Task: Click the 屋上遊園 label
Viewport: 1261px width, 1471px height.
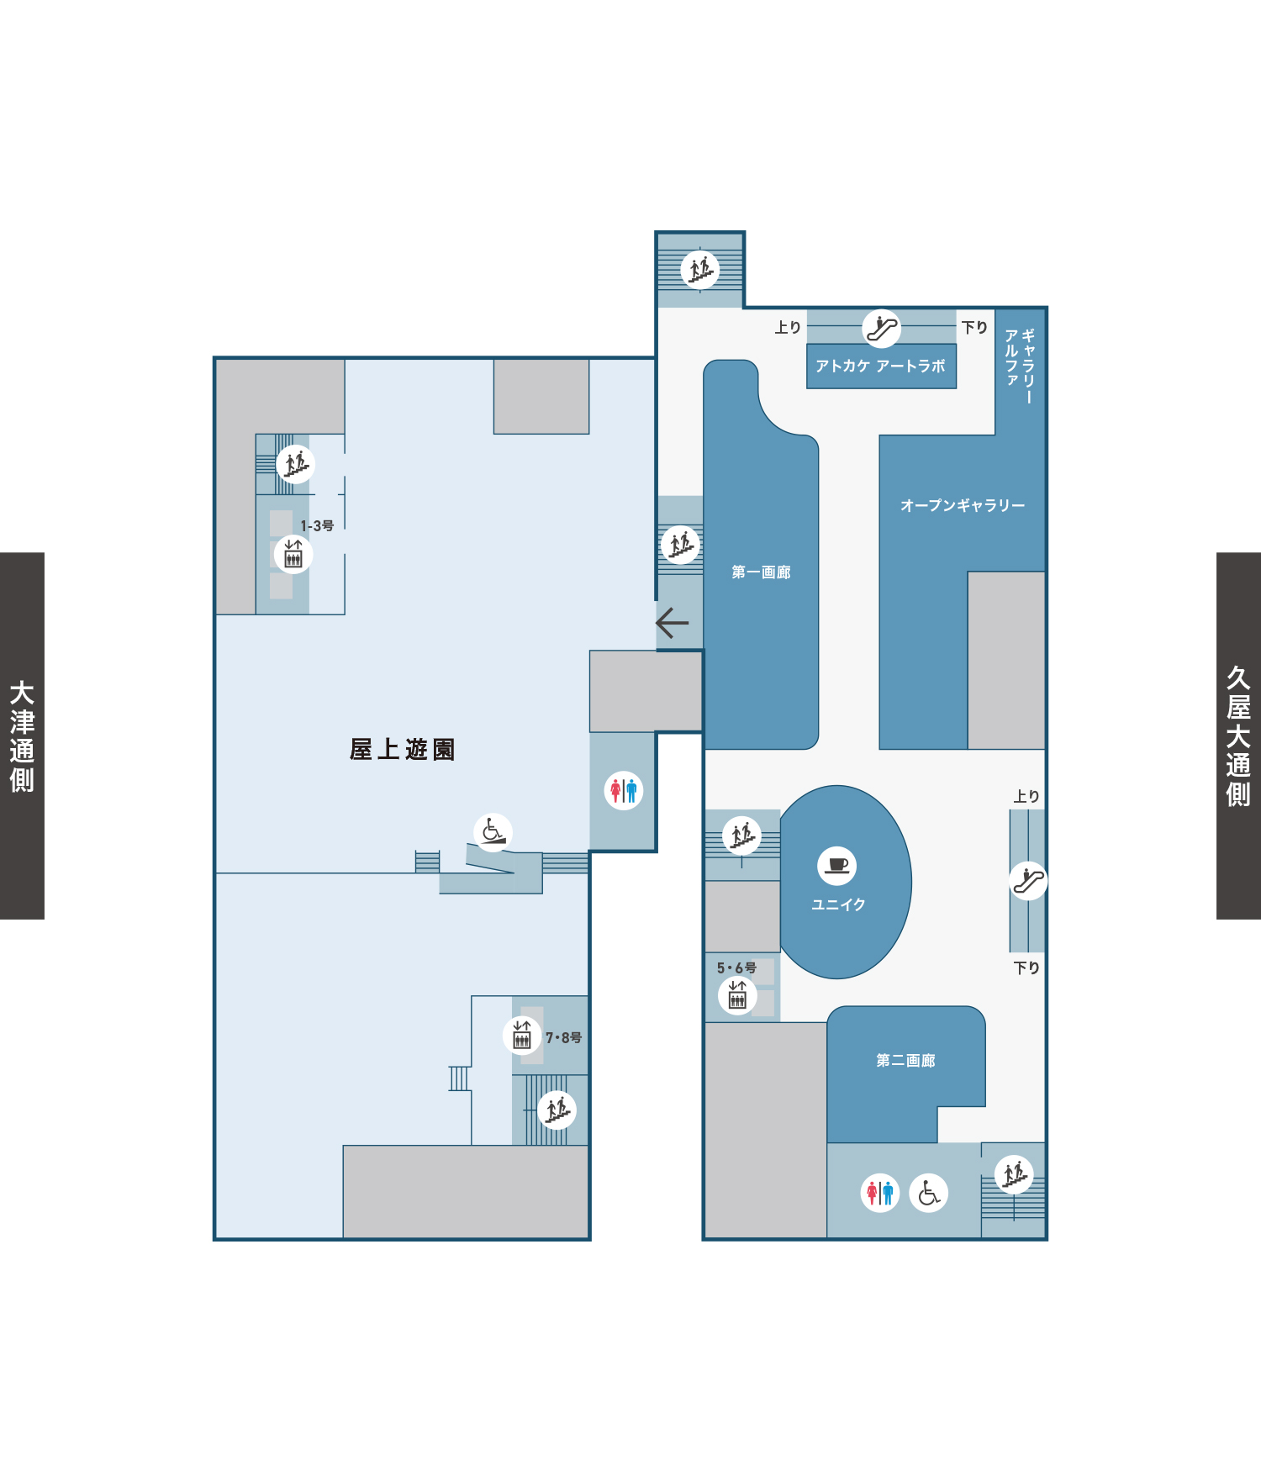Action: coord(402,749)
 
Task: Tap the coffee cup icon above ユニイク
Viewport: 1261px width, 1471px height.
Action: coord(837,865)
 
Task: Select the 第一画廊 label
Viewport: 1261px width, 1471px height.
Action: coord(761,572)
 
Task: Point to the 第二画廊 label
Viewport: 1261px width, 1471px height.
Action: coord(905,1061)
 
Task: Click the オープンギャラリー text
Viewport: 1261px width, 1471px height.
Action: coord(963,505)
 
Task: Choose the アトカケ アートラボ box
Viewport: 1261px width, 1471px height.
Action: coord(881,366)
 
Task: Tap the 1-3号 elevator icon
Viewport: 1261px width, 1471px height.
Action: coord(293,554)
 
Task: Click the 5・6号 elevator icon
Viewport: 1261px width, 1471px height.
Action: coord(737,996)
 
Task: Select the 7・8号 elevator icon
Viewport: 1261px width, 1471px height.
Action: coord(522,1035)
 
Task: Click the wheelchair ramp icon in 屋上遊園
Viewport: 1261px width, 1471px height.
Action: coord(493,832)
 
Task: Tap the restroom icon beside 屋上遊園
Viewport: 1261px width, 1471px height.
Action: coord(624,790)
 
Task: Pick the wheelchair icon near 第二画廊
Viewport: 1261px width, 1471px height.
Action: coord(929,1193)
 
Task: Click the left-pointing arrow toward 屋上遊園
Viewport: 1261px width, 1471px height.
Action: coord(672,623)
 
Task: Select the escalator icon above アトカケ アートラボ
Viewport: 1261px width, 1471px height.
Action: coord(882,328)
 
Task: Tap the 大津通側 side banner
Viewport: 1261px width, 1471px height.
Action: coord(22,735)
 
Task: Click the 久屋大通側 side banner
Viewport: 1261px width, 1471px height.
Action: coord(1238,735)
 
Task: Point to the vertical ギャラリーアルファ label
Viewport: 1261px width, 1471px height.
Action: coord(1020,366)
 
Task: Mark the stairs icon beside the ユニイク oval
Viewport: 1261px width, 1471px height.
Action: coord(741,836)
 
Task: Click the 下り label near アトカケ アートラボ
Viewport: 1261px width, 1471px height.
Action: coord(975,327)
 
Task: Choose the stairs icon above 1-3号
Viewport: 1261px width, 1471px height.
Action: coord(296,464)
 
